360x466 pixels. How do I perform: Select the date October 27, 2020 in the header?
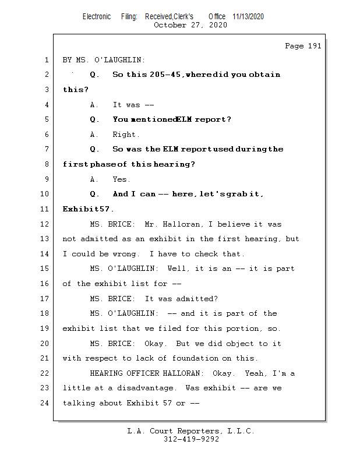[x=190, y=25]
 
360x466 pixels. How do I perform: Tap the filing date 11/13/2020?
[x=248, y=16]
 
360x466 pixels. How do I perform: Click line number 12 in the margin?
[x=45, y=224]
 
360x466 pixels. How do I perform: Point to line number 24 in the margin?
[x=45, y=403]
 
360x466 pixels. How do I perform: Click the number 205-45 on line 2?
[x=160, y=75]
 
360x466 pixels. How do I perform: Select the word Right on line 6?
[x=126, y=135]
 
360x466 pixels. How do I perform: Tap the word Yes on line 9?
[x=121, y=179]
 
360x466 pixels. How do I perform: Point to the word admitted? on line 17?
[x=194, y=299]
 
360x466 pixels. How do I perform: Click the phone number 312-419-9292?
[x=190, y=439]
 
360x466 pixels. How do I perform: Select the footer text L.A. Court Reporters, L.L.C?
[x=190, y=431]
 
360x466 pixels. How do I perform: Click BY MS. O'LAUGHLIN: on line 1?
[x=104, y=60]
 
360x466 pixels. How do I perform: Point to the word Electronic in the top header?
[x=97, y=16]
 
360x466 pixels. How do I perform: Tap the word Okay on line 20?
[x=156, y=343]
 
